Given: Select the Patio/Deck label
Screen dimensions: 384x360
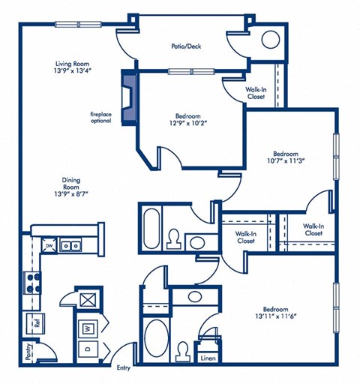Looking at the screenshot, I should pyautogui.click(x=185, y=46).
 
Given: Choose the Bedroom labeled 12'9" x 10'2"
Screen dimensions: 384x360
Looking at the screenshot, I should pyautogui.click(x=187, y=121).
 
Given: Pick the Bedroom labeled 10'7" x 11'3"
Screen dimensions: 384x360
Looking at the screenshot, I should pyautogui.click(x=288, y=154).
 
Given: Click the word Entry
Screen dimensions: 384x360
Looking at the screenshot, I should pyautogui.click(x=124, y=367).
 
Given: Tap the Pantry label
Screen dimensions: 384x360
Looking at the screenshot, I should pyautogui.click(x=29, y=351).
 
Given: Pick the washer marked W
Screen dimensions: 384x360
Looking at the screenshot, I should pyautogui.click(x=88, y=328).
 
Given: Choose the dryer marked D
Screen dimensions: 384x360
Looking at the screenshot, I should pyautogui.click(x=88, y=349).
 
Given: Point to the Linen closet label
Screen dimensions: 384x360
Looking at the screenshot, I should pyautogui.click(x=208, y=358).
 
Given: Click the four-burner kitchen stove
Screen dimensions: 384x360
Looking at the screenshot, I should pyautogui.click(x=32, y=282).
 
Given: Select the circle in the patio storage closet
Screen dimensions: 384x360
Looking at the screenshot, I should pyautogui.click(x=270, y=39).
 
